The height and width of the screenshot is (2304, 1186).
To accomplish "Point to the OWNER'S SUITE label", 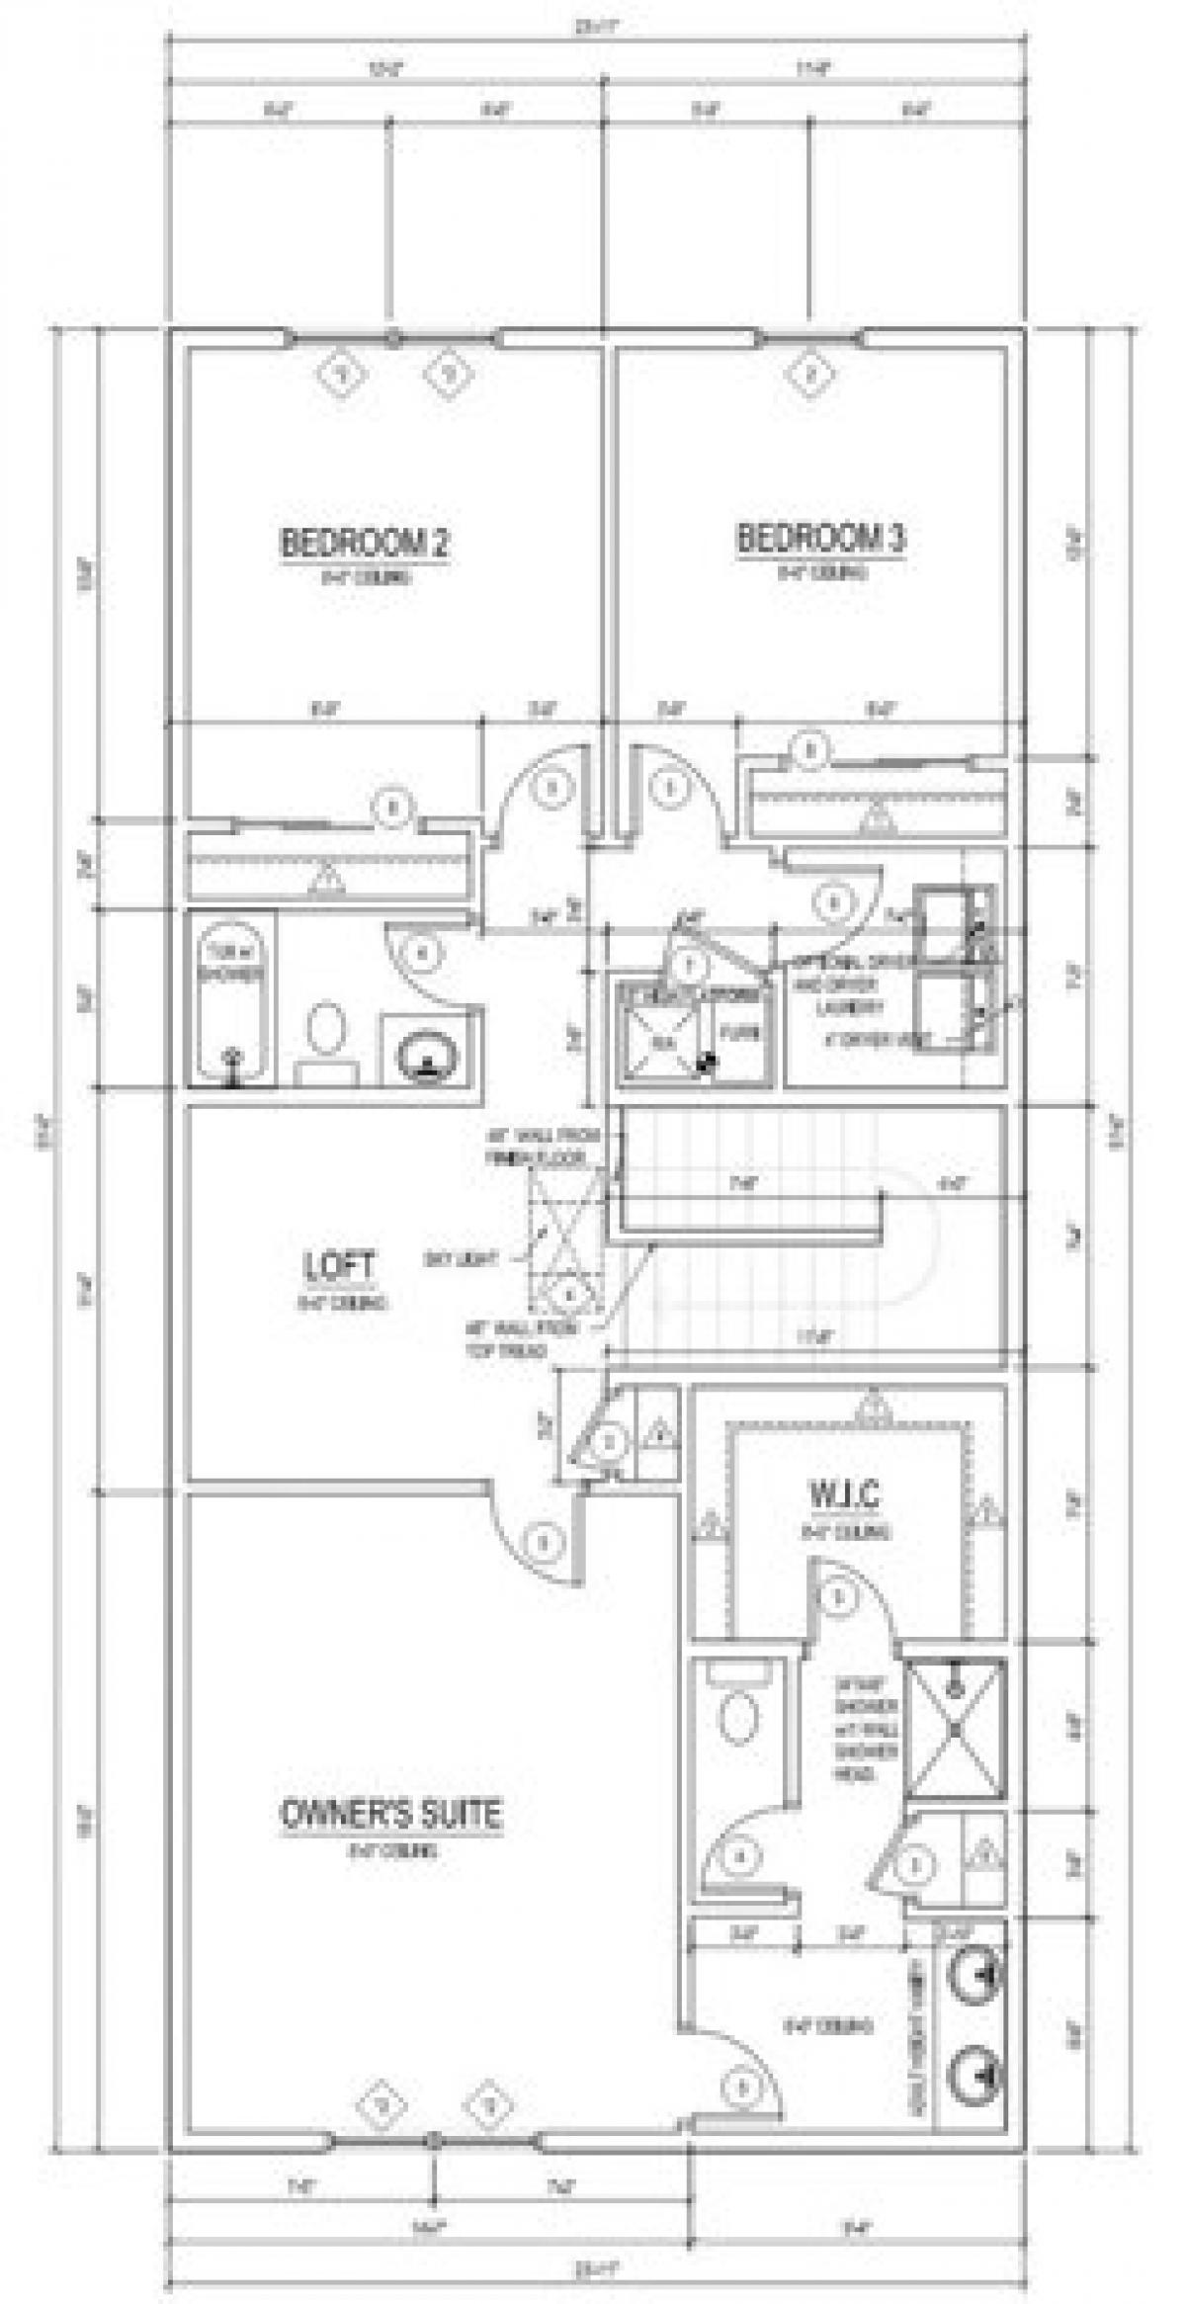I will pos(392,1814).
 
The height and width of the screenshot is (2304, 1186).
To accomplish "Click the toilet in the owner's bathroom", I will pos(739,1717).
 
